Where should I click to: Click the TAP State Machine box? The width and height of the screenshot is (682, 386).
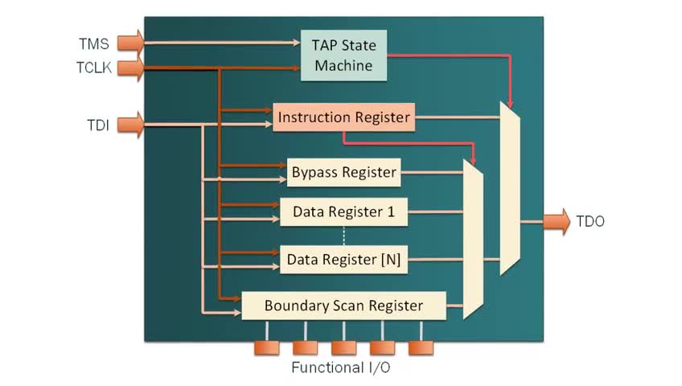344,55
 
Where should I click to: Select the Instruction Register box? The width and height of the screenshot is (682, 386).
343,118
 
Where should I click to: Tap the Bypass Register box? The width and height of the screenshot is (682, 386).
343,172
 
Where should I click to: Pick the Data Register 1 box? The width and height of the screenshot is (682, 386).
343,213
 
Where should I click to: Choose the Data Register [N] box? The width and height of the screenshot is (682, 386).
343,259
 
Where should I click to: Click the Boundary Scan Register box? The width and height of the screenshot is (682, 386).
343,306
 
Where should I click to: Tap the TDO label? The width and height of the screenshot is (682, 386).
590,221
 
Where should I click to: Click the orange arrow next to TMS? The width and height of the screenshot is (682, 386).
135,41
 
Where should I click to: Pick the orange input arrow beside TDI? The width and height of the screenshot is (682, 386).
135,125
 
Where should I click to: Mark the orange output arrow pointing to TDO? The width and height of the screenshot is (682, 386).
556,221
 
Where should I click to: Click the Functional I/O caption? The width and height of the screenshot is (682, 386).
343,368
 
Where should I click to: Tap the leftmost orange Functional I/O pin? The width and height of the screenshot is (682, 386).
266,347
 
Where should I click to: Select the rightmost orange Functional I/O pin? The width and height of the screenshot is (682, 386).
421,347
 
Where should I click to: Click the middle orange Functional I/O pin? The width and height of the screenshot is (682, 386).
343,347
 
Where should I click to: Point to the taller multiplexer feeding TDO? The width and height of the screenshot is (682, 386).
510,189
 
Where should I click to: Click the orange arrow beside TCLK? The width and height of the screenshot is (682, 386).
135,68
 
